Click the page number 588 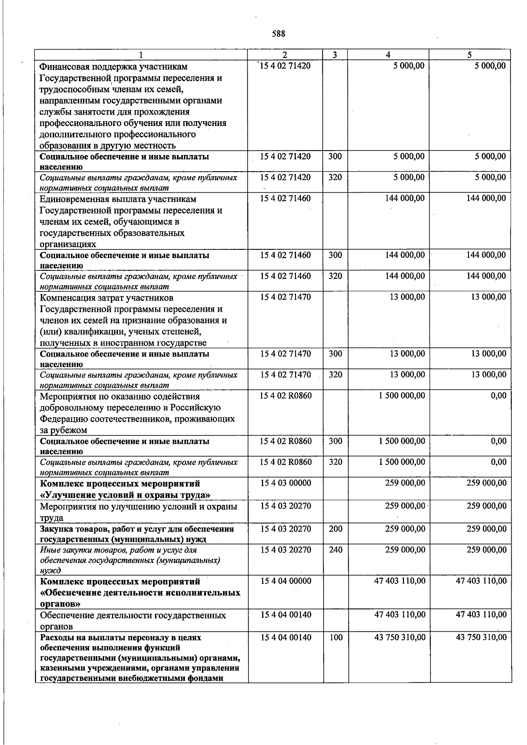[278, 34]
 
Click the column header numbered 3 [335, 55]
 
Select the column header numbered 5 [469, 55]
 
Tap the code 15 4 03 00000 [285, 483]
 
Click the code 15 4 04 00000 [285, 581]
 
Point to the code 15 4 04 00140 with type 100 [285, 637]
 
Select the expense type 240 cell [336, 550]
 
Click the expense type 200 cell [336, 529]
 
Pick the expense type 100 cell [336, 637]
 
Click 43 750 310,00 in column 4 [400, 637]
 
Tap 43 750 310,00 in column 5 [481, 637]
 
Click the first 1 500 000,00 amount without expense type [402, 396]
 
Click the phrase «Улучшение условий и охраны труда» [125, 495]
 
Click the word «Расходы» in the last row [55, 637]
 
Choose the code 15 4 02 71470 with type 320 [285, 374]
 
